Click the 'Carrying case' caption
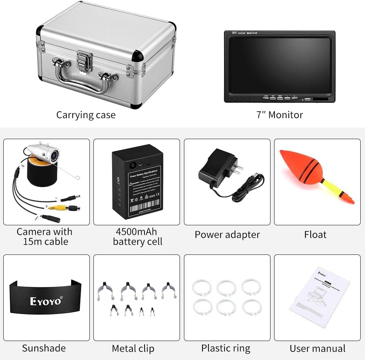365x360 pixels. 86,115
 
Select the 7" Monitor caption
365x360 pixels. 279,115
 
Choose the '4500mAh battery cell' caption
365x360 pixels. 137,237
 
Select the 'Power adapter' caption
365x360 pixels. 227,234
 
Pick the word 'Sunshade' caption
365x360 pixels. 44,348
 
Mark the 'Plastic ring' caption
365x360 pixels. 226,348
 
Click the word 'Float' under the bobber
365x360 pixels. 315,234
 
